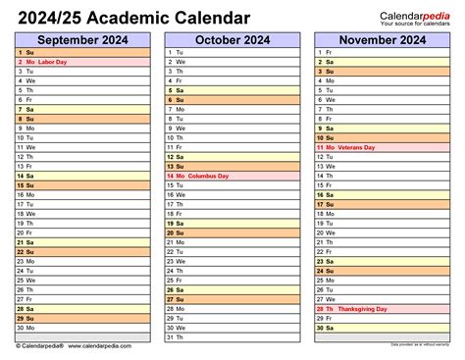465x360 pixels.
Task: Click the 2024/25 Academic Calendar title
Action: [132, 18]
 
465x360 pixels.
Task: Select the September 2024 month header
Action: [83, 38]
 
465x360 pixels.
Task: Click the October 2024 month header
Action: [232, 38]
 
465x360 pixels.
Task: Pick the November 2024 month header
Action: [382, 38]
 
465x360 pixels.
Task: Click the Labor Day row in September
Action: [83, 61]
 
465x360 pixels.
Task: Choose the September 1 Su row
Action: [83, 51]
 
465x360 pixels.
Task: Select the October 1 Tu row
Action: [232, 51]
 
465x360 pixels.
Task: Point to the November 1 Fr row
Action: [382, 51]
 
